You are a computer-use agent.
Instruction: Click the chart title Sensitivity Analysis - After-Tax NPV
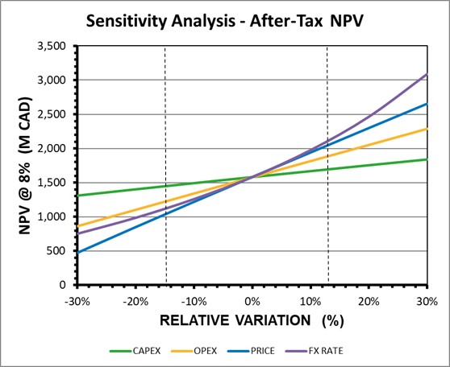[225, 21]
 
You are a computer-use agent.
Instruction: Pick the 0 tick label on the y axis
[63, 285]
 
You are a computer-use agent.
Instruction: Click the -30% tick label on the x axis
[77, 302]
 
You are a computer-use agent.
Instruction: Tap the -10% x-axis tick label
[194, 302]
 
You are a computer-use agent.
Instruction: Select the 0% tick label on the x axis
[252, 302]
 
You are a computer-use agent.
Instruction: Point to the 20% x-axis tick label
[369, 302]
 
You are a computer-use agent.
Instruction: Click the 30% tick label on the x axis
[427, 302]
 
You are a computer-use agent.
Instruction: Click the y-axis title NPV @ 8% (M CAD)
[25, 166]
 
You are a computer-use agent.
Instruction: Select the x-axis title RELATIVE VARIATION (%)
[252, 320]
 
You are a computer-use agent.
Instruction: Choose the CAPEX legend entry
[135, 351]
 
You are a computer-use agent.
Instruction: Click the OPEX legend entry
[194, 351]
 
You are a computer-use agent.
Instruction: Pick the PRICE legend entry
[251, 351]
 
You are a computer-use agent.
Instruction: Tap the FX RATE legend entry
[315, 351]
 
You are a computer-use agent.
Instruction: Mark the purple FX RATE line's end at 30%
[427, 73]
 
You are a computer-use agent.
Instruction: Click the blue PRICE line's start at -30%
[78, 253]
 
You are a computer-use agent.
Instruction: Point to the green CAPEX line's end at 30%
[427, 159]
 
